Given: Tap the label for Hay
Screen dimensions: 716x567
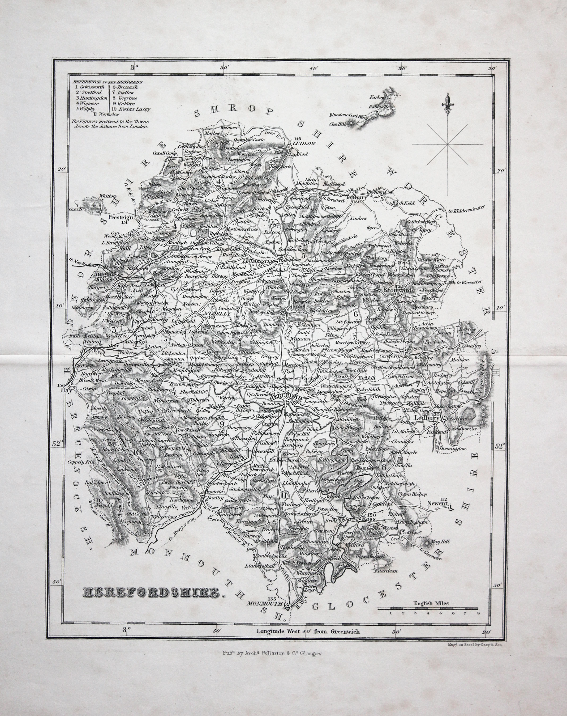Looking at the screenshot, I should click(x=65, y=390).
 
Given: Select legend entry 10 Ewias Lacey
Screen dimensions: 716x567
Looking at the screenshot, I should click(x=130, y=109).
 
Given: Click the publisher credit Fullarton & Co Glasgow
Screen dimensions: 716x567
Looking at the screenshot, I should click(x=272, y=653).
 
